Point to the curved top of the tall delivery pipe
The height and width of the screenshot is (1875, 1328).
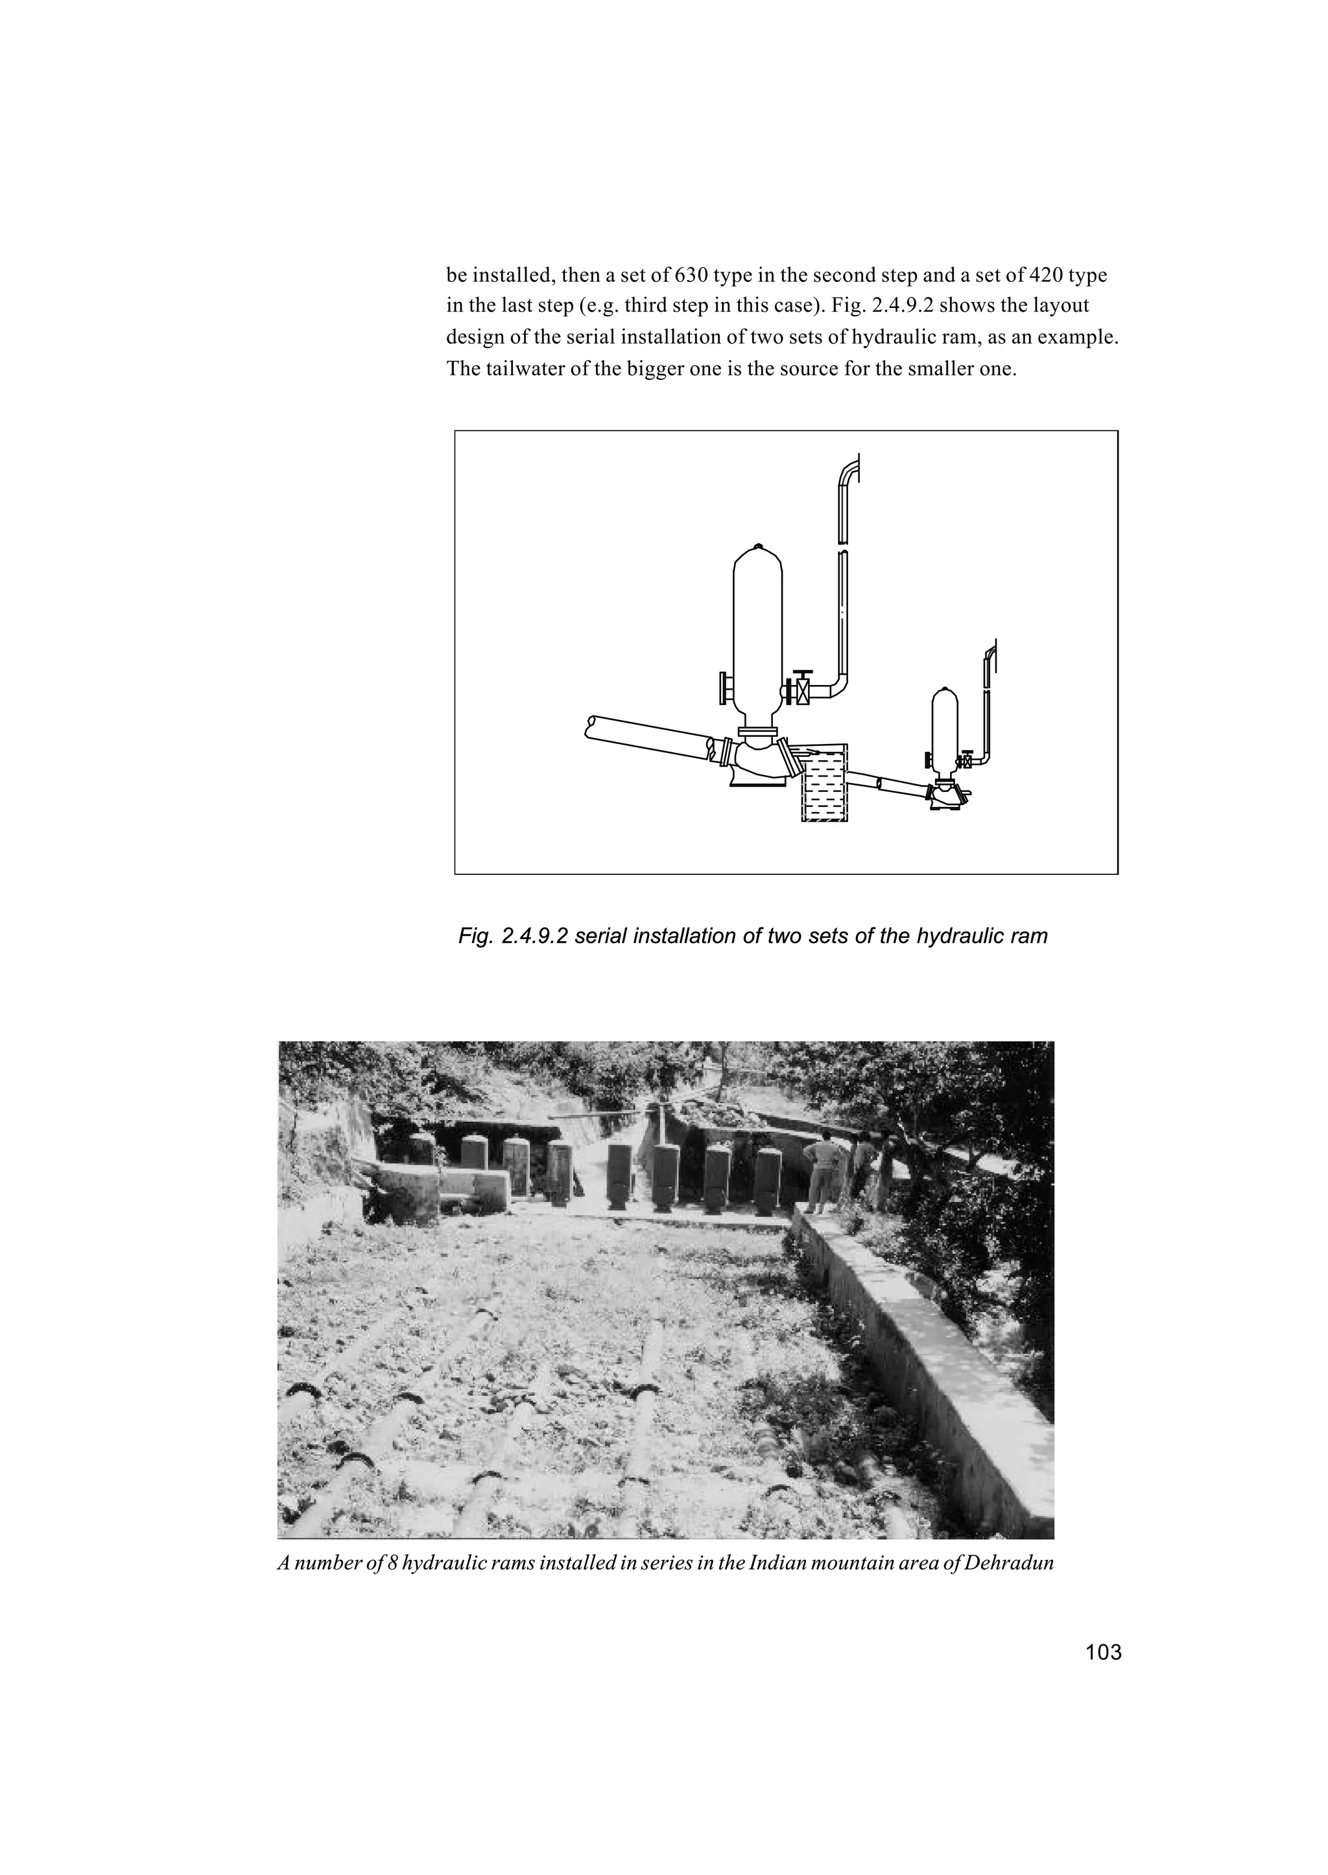[x=849, y=471]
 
